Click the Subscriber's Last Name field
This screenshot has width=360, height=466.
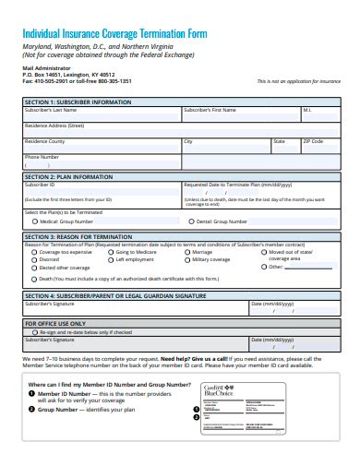point(102,115)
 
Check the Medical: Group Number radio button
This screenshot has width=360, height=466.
point(34,221)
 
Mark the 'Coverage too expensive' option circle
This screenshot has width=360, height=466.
point(34,252)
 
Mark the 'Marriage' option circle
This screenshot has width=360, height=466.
point(186,252)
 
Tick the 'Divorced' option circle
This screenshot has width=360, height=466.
point(34,260)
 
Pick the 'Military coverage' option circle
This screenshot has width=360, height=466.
point(186,260)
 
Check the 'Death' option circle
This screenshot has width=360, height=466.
point(34,278)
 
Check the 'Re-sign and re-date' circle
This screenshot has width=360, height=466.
point(34,331)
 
